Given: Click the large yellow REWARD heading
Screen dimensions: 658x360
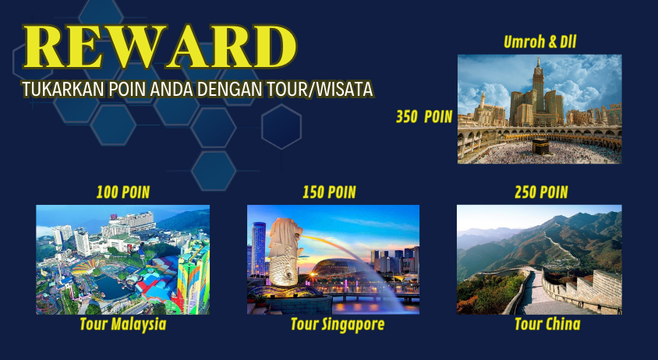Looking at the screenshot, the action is click(x=161, y=46).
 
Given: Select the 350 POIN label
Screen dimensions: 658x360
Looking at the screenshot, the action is click(x=424, y=117).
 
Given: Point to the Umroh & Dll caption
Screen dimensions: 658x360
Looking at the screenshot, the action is click(x=540, y=42).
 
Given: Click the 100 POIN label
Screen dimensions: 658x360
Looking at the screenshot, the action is click(x=123, y=192).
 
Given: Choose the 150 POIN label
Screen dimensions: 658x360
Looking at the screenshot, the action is click(x=330, y=192).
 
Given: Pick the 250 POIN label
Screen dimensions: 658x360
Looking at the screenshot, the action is click(x=541, y=192).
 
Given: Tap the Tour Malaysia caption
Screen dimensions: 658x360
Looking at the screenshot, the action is click(x=123, y=324).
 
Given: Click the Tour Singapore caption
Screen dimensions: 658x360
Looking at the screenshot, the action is click(x=338, y=325).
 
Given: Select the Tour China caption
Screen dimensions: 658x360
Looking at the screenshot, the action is click(x=547, y=324).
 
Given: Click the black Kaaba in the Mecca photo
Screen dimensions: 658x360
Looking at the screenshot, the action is click(x=540, y=146).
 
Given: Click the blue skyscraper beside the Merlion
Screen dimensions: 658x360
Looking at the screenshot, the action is click(x=259, y=249).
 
